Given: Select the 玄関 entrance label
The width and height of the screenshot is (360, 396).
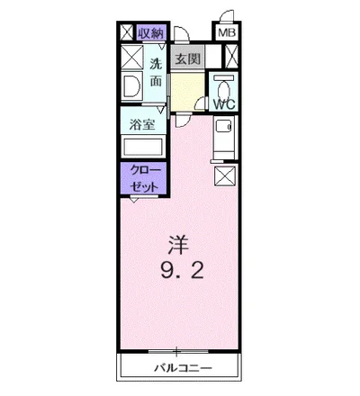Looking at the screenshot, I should click(187, 59).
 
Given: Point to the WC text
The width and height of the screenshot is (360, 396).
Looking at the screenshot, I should click(223, 104).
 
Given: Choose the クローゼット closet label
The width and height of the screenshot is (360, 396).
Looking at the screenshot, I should click(143, 177).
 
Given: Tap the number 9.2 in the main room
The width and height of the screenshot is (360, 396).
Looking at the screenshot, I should click(180, 270).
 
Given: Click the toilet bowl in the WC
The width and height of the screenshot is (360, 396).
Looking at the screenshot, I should click(223, 86).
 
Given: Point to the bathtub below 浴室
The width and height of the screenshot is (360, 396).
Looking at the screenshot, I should click(141, 148).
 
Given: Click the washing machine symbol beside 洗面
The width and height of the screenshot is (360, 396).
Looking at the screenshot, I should click(130, 88).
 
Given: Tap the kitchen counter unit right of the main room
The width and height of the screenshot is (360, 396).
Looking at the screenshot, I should click(224, 138).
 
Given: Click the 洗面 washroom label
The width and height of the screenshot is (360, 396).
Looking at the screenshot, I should click(156, 72).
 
